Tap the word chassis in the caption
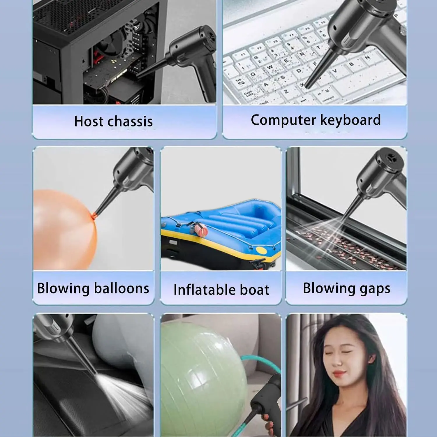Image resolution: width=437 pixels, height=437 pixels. pos(130,121)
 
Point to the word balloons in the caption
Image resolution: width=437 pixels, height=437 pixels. pos(121,288)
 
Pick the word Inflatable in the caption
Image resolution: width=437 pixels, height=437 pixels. pos(205,290)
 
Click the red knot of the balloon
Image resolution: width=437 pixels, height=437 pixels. pos(94,216)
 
